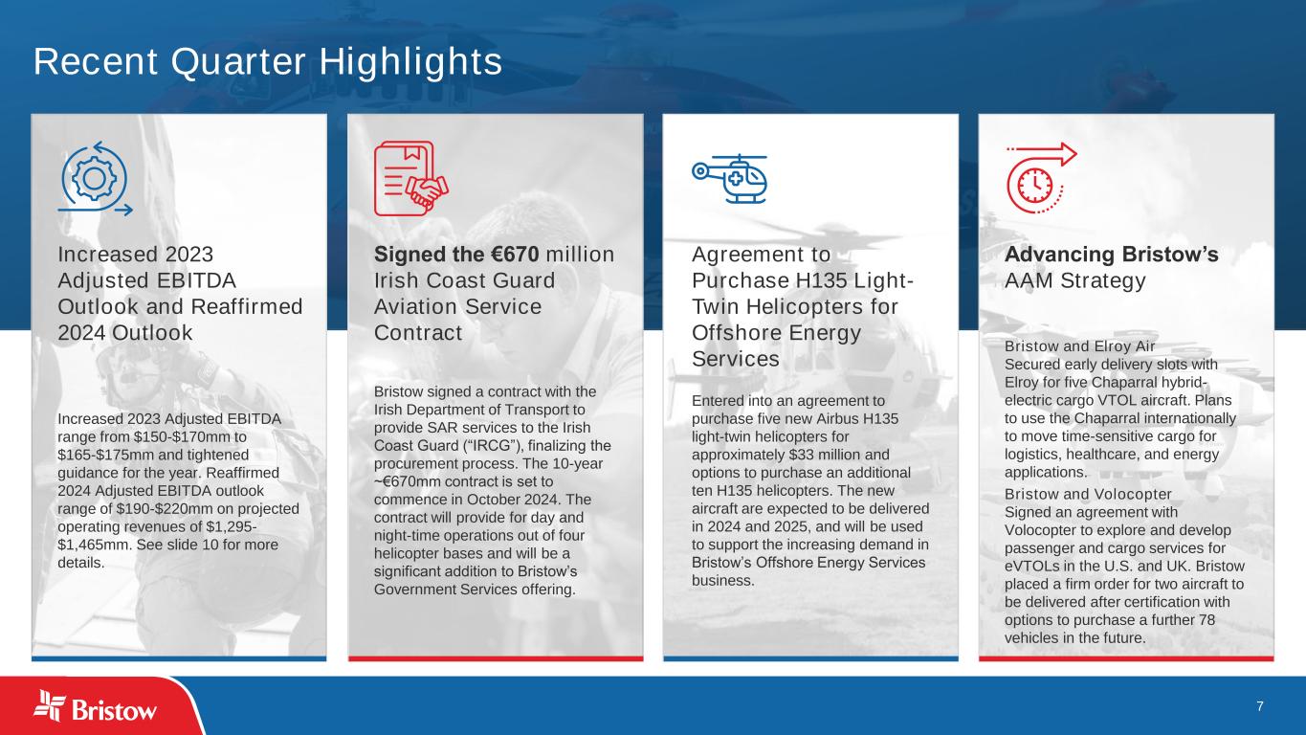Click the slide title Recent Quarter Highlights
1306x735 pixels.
[268, 61]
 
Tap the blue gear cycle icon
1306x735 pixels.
[95, 179]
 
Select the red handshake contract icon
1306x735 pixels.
[411, 179]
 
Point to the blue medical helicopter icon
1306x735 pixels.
[729, 179]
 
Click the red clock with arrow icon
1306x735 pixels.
[1041, 177]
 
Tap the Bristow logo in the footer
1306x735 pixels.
[95, 706]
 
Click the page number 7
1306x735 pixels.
[1260, 706]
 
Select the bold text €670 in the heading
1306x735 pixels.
[514, 255]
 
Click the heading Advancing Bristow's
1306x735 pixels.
[1111, 255]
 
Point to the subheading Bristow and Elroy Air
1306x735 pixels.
[1079, 346]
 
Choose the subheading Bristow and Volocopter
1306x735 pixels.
[1087, 494]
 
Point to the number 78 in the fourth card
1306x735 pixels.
[1206, 620]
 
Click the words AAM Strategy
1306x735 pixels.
[1075, 280]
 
